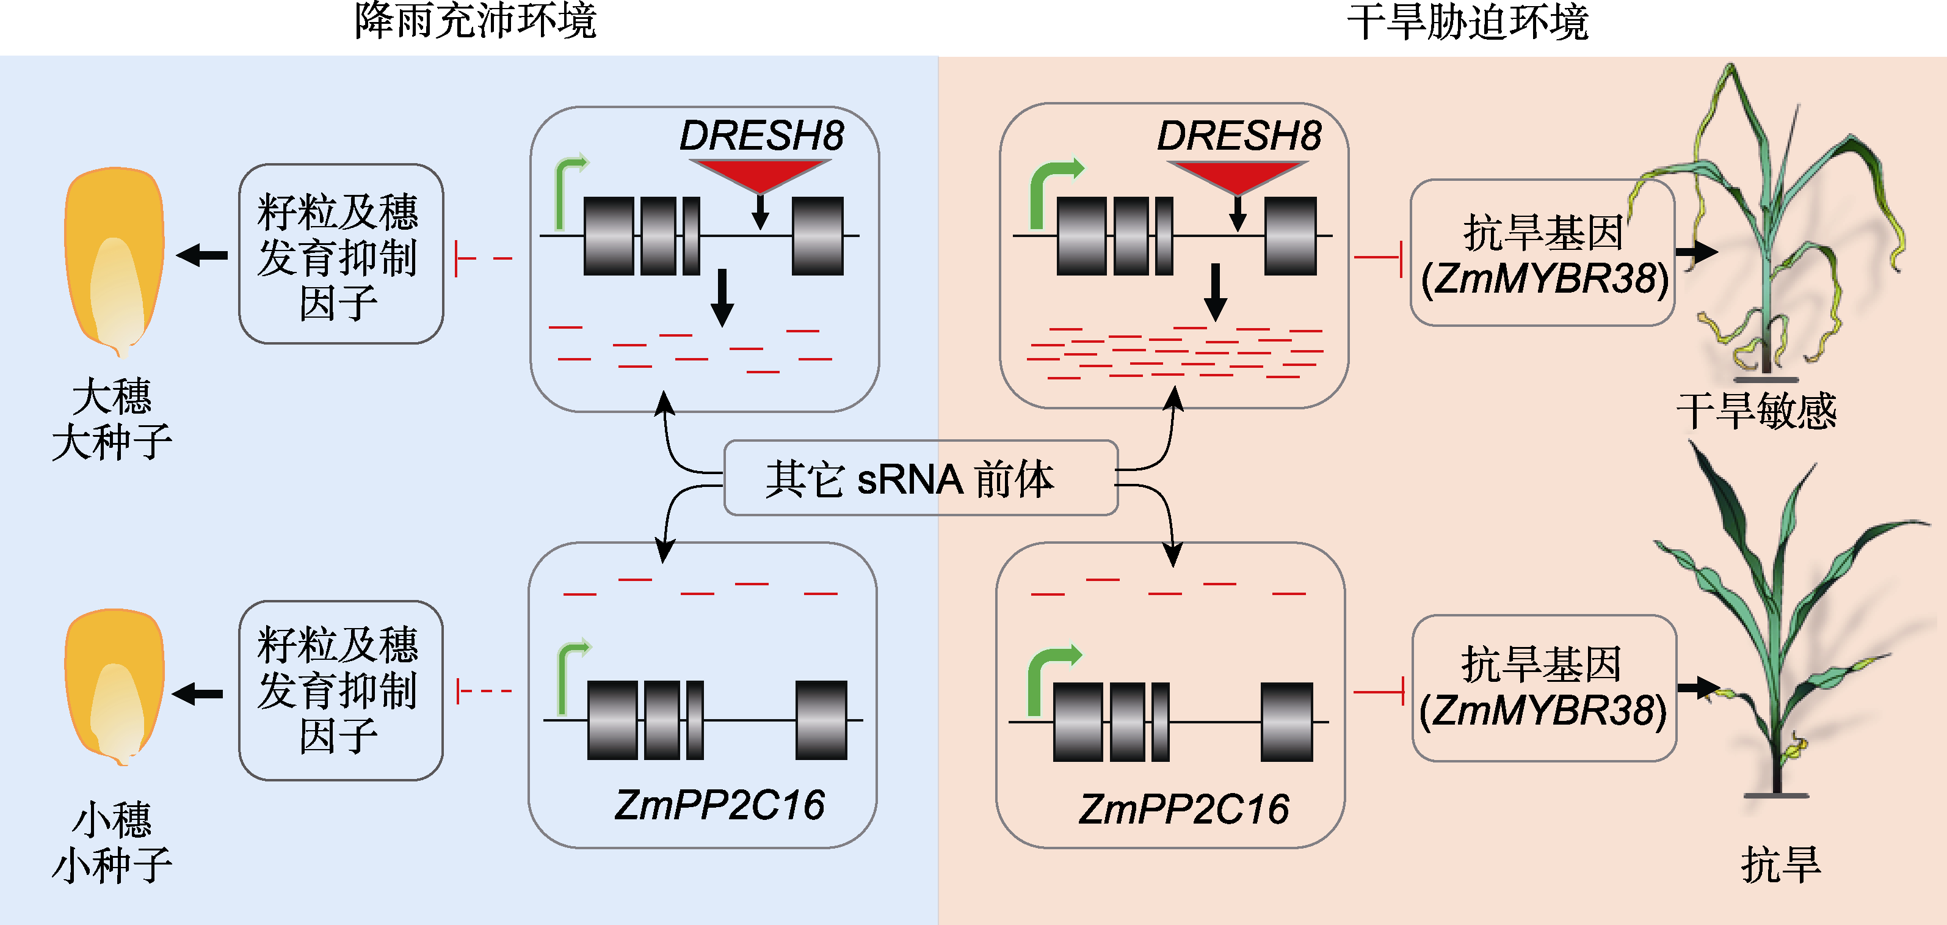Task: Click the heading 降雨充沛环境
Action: click(x=476, y=21)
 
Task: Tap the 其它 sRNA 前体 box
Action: click(x=920, y=478)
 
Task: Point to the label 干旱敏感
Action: click(x=1756, y=411)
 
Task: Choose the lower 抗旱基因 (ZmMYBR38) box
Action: click(x=1543, y=687)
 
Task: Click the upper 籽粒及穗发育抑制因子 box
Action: click(x=341, y=254)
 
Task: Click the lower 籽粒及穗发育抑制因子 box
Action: click(x=341, y=690)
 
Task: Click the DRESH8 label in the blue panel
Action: click(x=761, y=136)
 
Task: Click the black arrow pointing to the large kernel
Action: click(x=203, y=255)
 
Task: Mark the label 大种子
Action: click(x=112, y=442)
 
